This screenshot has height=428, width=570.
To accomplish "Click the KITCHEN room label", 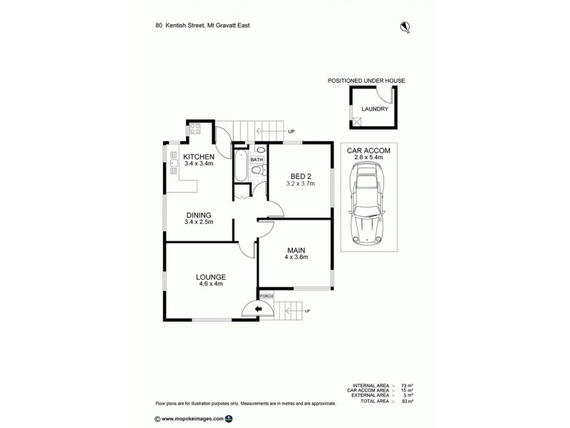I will coord(199,156).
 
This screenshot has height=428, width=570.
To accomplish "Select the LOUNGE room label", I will coord(211,277).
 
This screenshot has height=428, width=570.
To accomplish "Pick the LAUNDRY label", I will coord(374,109).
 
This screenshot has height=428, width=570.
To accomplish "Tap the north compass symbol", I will coord(405,27).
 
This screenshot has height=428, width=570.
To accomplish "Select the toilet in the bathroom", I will coord(259,170).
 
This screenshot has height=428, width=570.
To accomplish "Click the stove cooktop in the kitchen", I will coord(195,130).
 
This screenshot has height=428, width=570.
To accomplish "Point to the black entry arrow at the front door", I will coord(258,309).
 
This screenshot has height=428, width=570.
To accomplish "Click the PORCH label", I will coord(266,296).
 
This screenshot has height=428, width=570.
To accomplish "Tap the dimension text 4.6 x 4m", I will coord(211,285).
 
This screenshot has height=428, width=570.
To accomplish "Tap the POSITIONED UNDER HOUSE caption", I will coord(366,81).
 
